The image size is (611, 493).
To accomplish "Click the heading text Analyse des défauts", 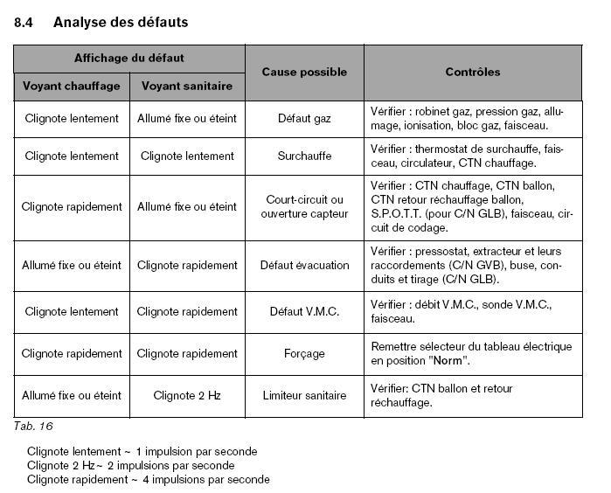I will click(121, 23).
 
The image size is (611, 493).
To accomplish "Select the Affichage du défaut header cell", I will click(129, 59).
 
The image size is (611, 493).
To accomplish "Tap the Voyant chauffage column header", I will click(72, 87).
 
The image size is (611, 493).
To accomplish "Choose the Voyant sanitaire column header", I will click(187, 87).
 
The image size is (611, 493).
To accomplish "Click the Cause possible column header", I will click(304, 73).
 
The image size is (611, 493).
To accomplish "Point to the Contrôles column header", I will click(472, 73).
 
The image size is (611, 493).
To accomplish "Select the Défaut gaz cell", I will click(304, 118).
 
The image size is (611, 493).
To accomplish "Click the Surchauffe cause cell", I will click(304, 156).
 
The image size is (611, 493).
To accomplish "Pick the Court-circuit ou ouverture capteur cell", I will click(304, 206).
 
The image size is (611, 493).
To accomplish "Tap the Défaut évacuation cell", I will click(304, 266).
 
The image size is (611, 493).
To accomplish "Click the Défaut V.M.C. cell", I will click(304, 311).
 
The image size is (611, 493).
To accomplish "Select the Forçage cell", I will click(304, 354).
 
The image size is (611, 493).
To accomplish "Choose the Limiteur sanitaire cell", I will click(304, 396).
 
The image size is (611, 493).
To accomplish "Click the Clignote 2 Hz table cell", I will click(187, 396).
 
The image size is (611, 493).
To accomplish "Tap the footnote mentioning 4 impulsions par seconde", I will click(148, 480).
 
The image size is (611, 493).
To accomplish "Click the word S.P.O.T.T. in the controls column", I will click(396, 213).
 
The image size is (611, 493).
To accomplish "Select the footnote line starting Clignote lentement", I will click(142, 452).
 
